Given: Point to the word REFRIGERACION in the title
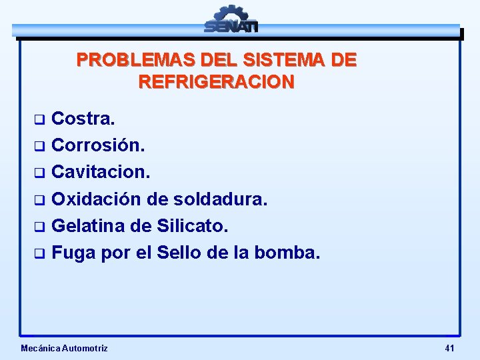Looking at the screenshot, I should point(216,82).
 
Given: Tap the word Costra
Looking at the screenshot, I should point(83,119).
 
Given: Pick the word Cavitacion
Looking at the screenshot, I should point(101,172).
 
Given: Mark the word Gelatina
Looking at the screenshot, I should point(88,227).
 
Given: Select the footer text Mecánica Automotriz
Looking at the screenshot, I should point(64,348).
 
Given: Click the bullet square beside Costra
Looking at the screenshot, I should point(39,120).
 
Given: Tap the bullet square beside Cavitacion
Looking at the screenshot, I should point(39,173).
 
